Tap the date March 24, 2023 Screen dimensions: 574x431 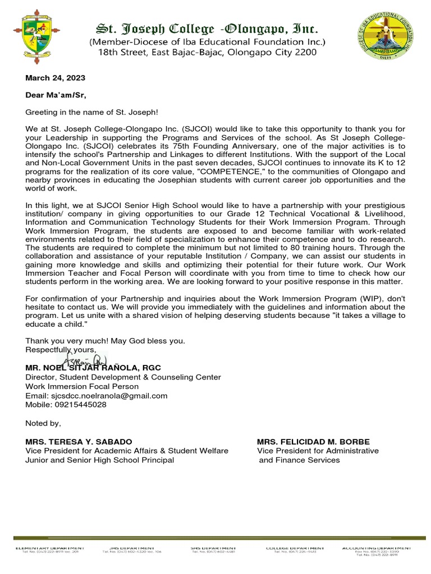pos(55,78)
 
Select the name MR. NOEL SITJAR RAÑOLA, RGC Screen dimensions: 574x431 pos(93,368)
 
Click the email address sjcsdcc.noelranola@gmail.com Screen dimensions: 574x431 pos(97,396)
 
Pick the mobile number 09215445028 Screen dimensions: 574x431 pos(66,405)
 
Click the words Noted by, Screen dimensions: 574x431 pos(43,423)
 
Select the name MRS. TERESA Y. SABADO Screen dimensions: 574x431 pos(79,442)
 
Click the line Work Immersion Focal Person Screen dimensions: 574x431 pos(82,386)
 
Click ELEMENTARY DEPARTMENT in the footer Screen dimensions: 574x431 pos(50,548)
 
